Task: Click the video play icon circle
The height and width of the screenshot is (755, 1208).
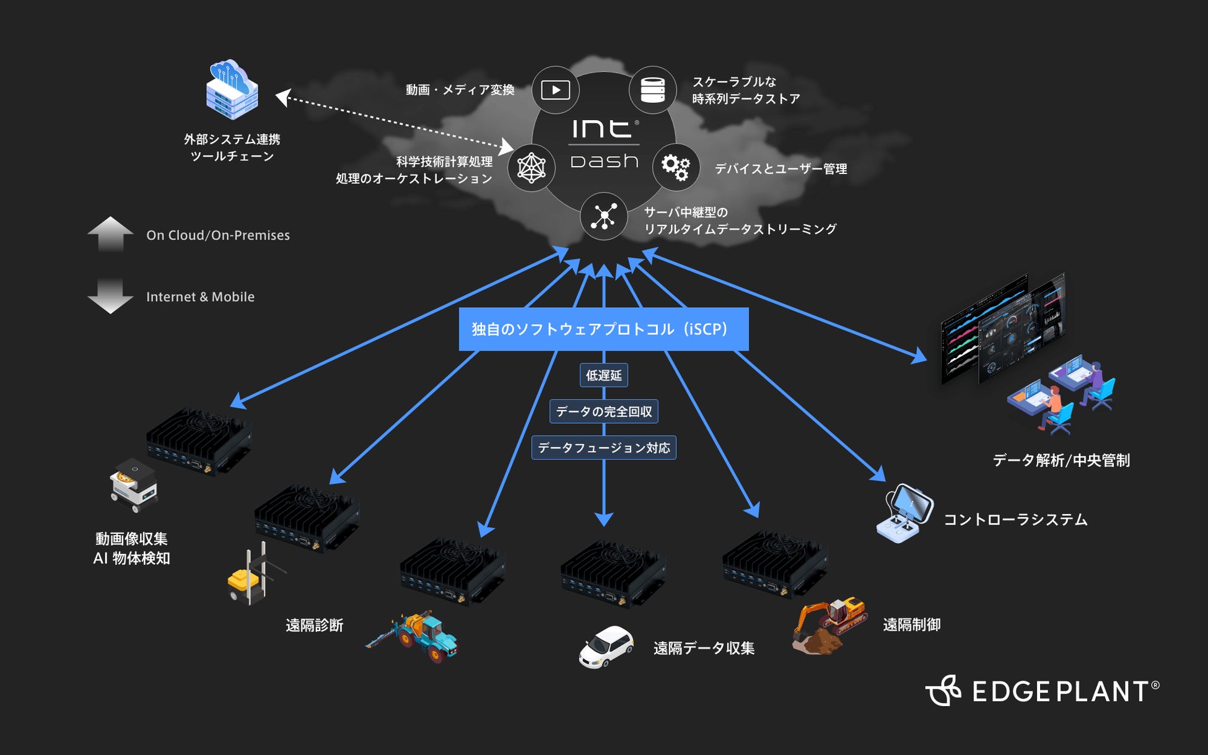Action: point(556,90)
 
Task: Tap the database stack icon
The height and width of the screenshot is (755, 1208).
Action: point(652,90)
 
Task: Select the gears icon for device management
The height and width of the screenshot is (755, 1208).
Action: point(675,167)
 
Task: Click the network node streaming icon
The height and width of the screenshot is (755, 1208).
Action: point(603,217)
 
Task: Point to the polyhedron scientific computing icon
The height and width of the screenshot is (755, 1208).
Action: point(531,167)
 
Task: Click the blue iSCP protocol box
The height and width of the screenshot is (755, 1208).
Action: point(603,329)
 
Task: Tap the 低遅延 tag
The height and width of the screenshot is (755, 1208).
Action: point(603,375)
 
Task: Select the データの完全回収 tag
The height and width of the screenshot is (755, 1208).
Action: point(603,412)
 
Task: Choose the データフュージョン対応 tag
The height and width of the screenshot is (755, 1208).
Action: point(603,448)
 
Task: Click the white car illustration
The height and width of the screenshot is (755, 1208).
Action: point(605,647)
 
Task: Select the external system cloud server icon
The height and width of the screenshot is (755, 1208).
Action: point(232,90)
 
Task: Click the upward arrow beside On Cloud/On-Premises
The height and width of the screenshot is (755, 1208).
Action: point(110,234)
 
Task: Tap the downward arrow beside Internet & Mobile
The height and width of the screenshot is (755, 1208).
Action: point(110,296)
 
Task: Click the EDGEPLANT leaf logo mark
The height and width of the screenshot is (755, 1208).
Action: point(943,691)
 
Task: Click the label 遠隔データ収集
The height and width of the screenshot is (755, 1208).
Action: point(704,648)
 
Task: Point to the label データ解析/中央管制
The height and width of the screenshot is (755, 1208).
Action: point(1061,461)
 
